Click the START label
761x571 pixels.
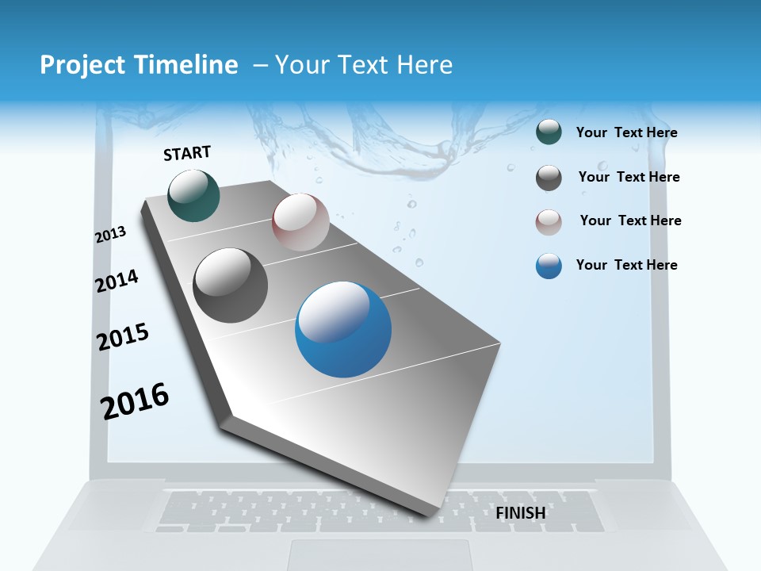(187, 153)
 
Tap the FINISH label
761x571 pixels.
(521, 513)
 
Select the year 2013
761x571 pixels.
(110, 235)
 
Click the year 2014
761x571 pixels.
(117, 281)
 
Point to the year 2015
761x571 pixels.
(123, 337)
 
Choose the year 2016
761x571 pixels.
(135, 400)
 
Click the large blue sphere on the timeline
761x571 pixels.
(343, 329)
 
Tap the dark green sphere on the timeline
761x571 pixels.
(193, 195)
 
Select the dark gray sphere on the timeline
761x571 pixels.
(230, 285)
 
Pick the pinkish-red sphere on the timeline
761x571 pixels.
(300, 222)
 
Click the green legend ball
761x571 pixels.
(549, 132)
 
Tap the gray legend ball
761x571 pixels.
(549, 178)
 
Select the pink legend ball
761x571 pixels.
(549, 222)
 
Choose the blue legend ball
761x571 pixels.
(549, 266)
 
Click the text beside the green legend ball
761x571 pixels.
(626, 133)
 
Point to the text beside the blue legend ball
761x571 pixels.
(626, 265)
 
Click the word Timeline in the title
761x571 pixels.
(187, 65)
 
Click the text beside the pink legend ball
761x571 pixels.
(630, 220)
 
